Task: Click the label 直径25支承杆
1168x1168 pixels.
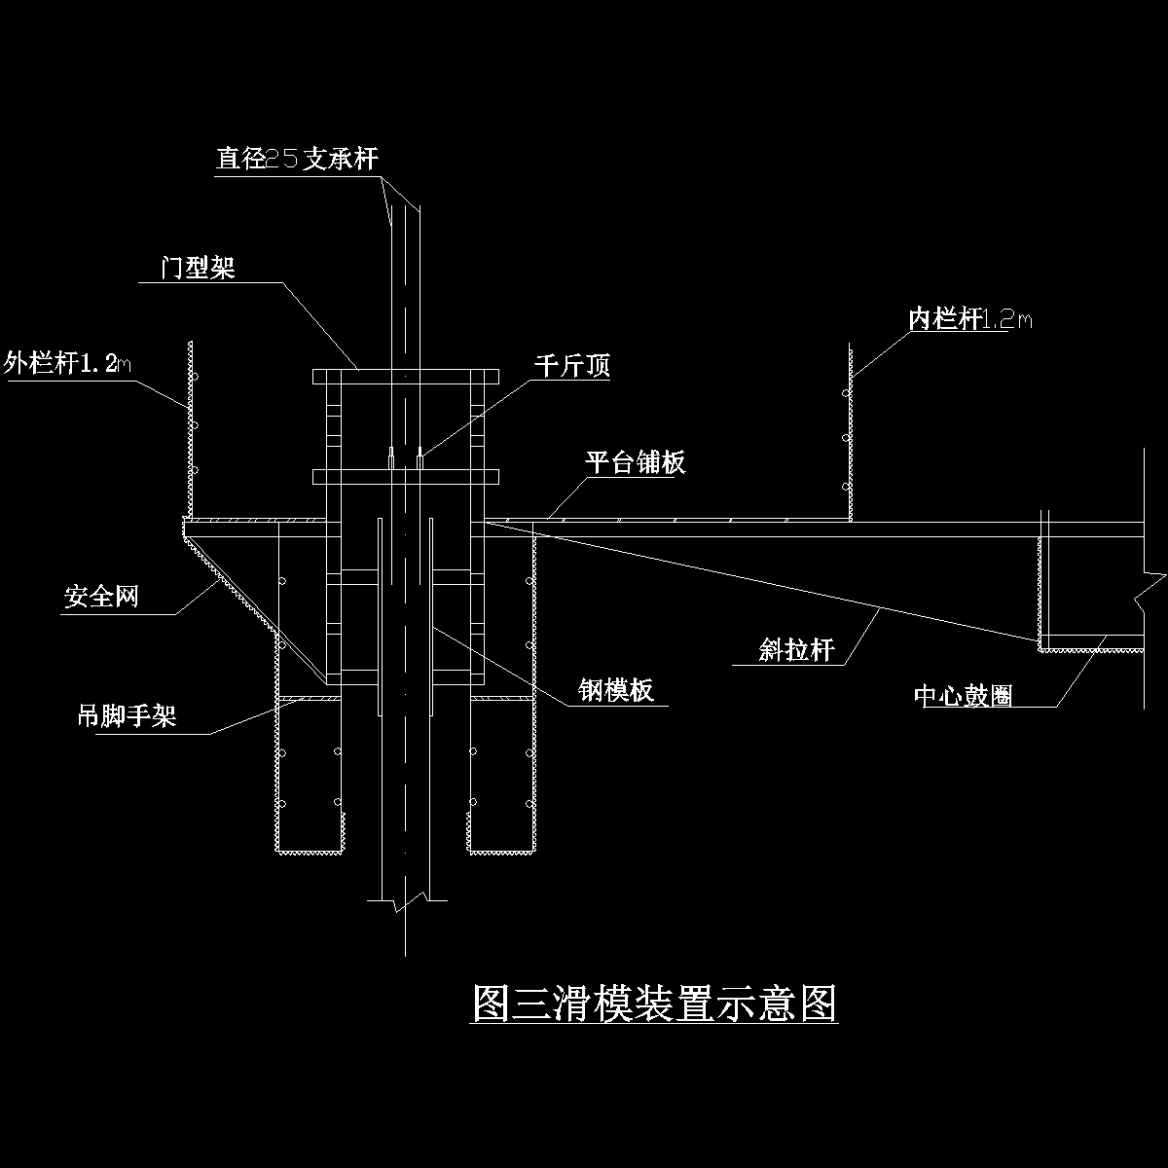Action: click(297, 159)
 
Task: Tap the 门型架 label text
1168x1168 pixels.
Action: click(198, 268)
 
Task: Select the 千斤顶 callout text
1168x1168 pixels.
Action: click(571, 366)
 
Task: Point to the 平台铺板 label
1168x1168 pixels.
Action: click(635, 461)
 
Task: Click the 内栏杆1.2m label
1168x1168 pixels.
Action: click(969, 318)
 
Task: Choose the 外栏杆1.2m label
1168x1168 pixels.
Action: click(68, 364)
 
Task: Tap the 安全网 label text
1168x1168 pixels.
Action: click(101, 596)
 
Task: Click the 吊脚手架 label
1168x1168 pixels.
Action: click(127, 716)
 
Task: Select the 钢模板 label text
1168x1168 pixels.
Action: click(615, 690)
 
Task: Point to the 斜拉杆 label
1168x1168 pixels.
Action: click(796, 649)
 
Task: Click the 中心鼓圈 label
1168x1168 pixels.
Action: click(964, 694)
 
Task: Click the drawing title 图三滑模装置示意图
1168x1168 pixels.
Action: click(654, 1004)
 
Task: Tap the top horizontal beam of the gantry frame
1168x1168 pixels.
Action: click(405, 376)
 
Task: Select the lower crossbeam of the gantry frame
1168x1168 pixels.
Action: click(405, 476)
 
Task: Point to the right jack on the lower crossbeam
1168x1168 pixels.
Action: click(420, 458)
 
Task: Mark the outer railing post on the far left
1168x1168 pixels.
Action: click(189, 428)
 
